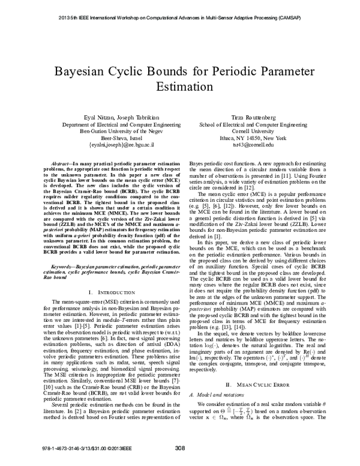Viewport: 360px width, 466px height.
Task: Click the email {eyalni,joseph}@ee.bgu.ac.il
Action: pyautogui.click(x=113, y=145)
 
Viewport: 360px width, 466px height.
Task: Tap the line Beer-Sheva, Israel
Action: pyautogui.click(x=113, y=137)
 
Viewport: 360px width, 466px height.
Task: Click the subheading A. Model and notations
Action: pyautogui.click(x=214, y=411)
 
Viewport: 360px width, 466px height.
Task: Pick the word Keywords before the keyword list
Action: pyautogui.click(x=61, y=264)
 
